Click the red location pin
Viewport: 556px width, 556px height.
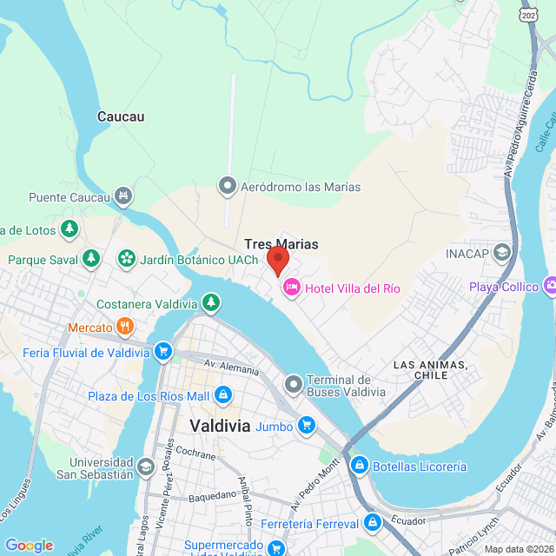point(277,260)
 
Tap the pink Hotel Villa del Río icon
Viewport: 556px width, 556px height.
point(291,287)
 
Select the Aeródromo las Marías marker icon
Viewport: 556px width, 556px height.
point(228,186)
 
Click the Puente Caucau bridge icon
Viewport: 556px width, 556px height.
point(124,197)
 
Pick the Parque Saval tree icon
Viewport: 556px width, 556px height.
point(90,259)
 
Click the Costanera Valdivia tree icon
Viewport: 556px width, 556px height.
point(210,303)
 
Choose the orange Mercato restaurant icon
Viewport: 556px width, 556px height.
point(125,328)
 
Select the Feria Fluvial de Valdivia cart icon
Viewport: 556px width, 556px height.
point(162,352)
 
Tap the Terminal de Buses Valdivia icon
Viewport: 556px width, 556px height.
point(294,383)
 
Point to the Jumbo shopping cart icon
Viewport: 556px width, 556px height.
point(306,425)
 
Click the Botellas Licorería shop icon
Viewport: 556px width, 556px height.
point(359,467)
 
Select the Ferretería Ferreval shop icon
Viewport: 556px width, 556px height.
point(373,523)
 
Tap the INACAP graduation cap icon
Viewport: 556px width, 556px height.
point(501,253)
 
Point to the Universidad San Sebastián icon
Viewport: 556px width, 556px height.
point(146,467)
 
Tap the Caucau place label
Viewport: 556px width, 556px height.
point(121,116)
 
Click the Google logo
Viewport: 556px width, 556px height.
point(29,545)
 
